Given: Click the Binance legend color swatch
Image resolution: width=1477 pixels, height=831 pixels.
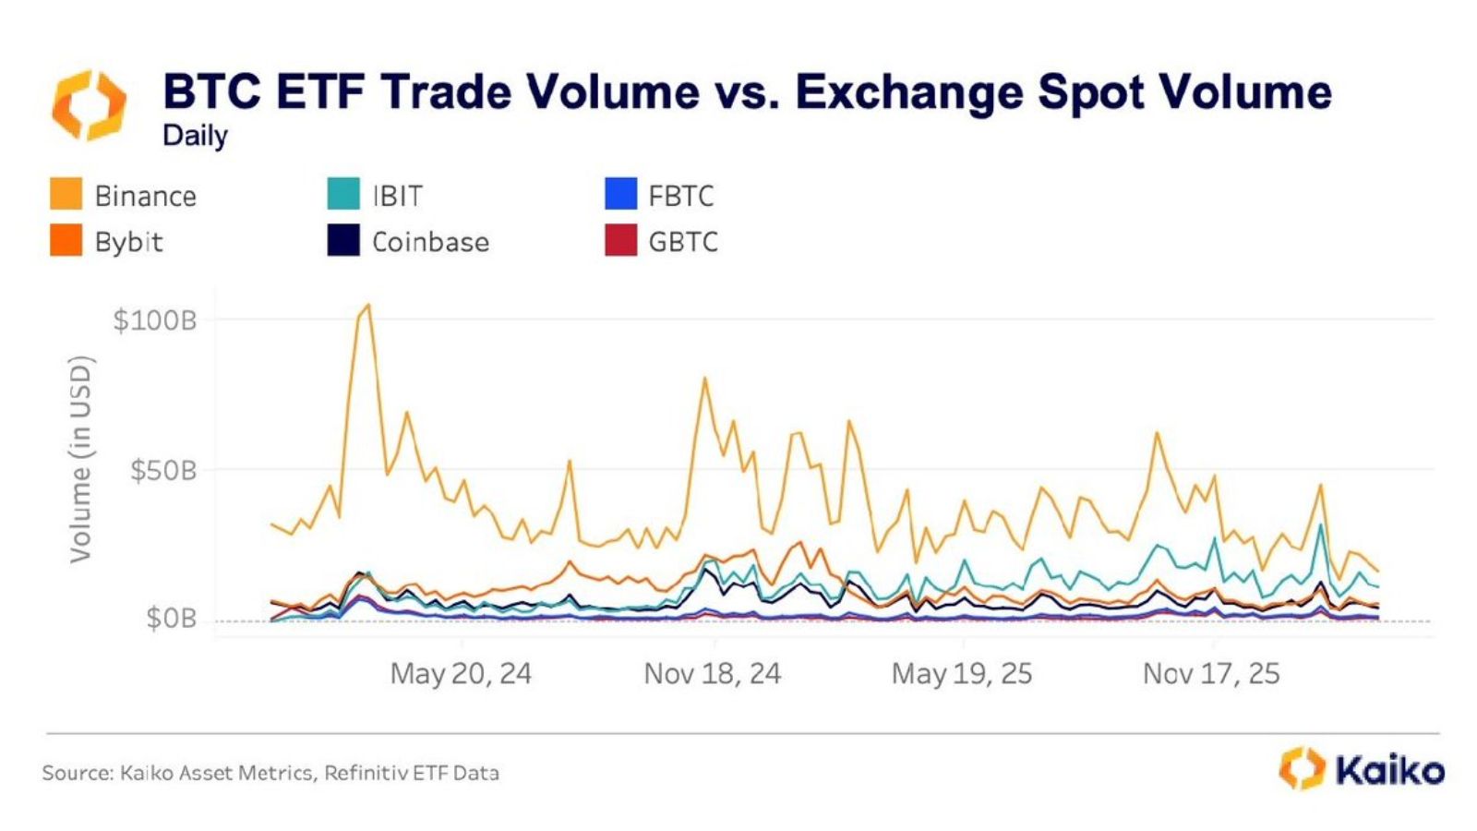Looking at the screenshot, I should pos(66,195).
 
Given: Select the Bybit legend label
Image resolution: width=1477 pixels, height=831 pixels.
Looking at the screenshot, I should pos(128,242).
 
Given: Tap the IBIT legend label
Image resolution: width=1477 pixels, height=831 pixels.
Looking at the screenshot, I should pos(397,196).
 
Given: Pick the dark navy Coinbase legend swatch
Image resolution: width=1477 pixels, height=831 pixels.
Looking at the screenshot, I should pos(343,241).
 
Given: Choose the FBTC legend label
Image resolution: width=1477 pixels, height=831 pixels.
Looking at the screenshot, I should pos(680,196).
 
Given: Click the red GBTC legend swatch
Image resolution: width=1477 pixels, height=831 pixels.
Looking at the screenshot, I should pos(620,241).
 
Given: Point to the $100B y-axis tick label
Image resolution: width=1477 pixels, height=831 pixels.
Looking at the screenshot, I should pos(154,320).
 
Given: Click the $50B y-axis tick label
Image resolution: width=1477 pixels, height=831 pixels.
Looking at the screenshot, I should pos(162,471).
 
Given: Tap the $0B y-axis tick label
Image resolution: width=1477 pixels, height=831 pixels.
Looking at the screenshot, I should pos(171,618).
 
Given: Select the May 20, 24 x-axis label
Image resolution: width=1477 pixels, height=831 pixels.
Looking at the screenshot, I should pos(461,673).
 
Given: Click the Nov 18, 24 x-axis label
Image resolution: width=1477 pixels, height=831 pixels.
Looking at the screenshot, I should pos(712,673).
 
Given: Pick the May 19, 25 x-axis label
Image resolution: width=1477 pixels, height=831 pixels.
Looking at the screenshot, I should pos(961,673).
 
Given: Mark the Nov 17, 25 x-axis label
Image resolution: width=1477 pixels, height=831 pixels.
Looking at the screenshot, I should pos(1211,673).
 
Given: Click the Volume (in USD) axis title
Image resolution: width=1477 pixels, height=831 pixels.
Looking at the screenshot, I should pos(81,459).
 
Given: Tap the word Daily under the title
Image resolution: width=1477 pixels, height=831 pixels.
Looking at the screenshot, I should pos(195,136).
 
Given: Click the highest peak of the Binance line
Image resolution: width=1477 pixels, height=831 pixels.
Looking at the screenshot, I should pos(368,305).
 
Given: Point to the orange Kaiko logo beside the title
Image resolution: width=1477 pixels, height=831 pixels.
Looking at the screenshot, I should pos(89,105).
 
